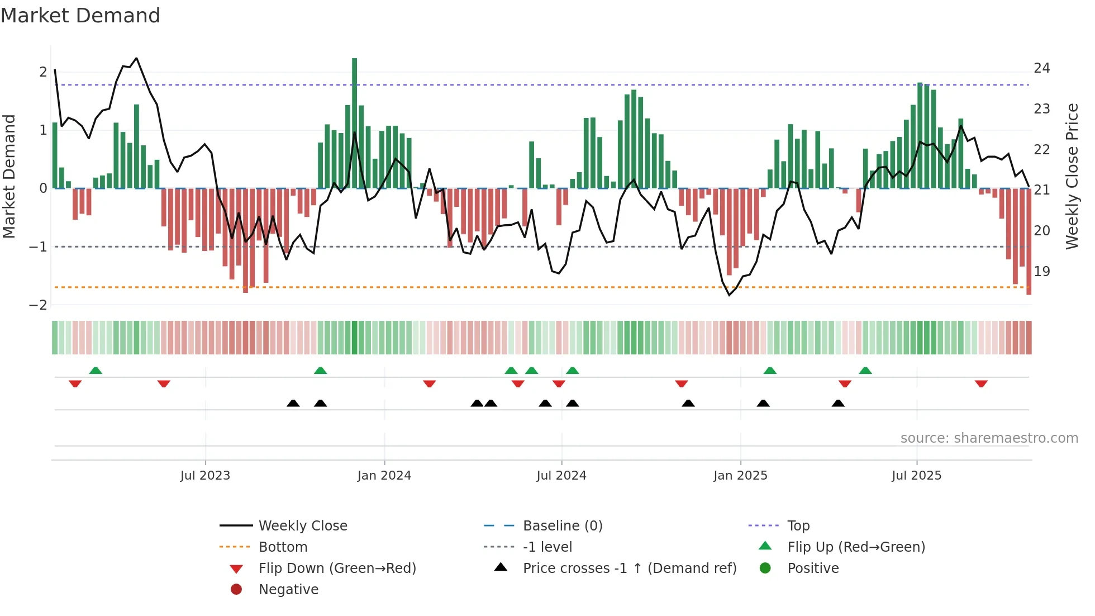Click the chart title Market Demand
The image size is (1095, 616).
[80, 16]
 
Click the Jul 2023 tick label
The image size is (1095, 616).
[205, 476]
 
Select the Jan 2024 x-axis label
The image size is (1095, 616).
[384, 476]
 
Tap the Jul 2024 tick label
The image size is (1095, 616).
[561, 476]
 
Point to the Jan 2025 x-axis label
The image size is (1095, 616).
[740, 476]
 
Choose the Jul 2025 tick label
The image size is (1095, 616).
[916, 476]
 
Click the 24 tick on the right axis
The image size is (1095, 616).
[1042, 68]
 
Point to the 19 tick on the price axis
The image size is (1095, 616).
[1042, 272]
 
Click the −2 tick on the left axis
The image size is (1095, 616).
[38, 305]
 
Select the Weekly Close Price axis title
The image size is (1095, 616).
[1072, 176]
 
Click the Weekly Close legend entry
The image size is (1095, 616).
[302, 526]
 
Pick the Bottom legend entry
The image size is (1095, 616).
[283, 547]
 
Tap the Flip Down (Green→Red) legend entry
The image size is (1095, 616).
[337, 568]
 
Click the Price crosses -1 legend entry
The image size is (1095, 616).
[629, 568]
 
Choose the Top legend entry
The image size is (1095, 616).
[798, 526]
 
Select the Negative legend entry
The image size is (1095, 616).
[288, 590]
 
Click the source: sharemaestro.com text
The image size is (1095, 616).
[989, 438]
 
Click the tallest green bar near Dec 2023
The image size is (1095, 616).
[355, 123]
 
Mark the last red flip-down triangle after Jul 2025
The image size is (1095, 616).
[981, 383]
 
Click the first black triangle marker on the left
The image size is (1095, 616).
[293, 403]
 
